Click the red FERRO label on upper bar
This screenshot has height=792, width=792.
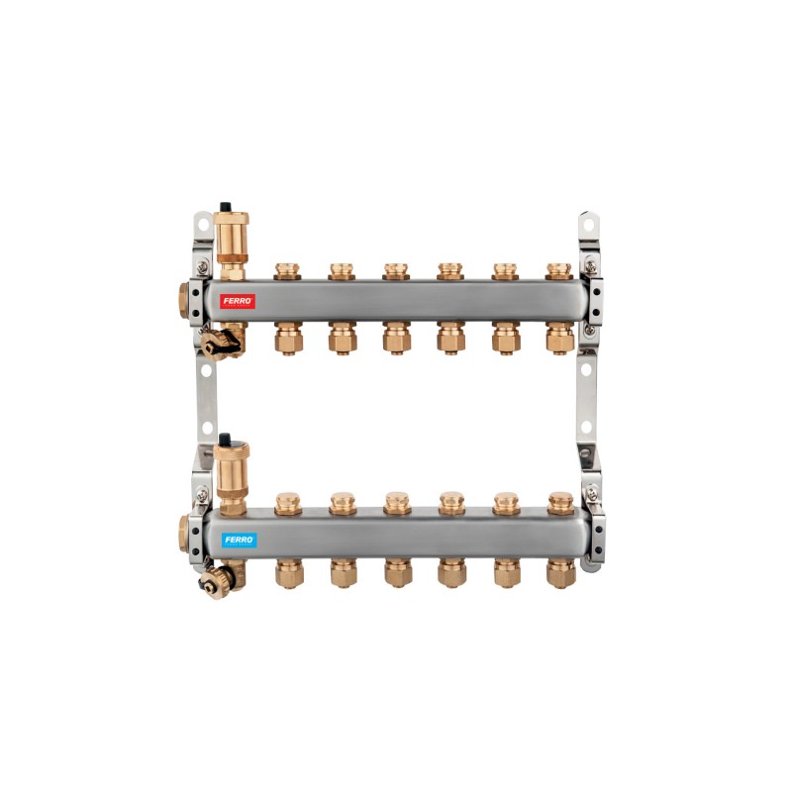(x=238, y=302)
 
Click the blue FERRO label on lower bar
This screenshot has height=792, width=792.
(x=239, y=540)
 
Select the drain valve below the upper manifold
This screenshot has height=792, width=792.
(x=221, y=343)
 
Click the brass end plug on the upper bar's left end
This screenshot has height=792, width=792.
(x=184, y=301)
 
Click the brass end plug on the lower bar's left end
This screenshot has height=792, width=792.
(x=184, y=533)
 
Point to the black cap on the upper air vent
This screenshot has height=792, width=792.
(x=225, y=207)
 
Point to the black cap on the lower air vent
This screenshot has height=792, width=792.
(x=225, y=439)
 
